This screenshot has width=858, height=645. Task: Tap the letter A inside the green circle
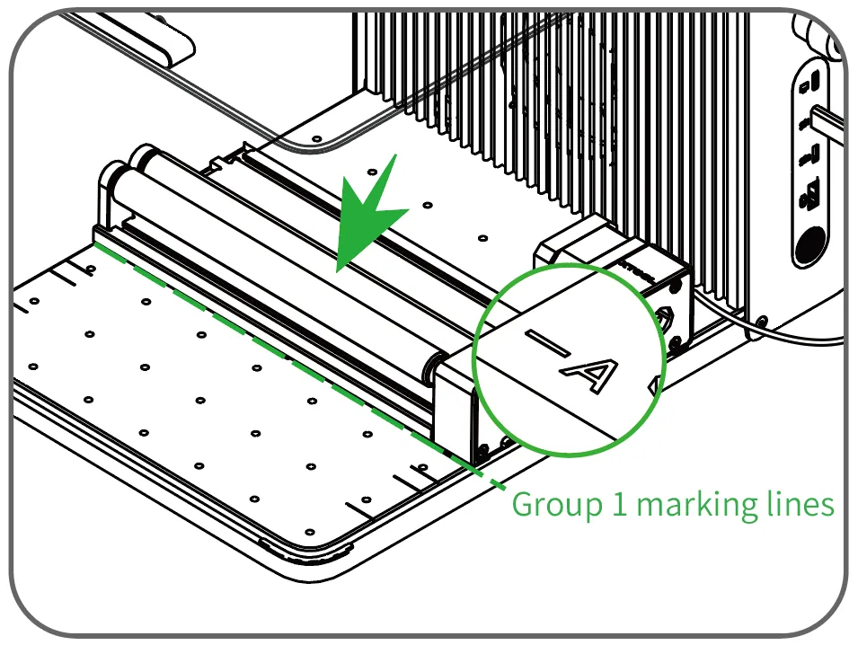tap(589, 375)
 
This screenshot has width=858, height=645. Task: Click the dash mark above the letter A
tap(546, 342)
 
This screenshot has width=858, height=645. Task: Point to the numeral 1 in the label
tap(619, 504)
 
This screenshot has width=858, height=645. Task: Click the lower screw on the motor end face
tap(676, 343)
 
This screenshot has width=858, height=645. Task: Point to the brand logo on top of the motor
tap(638, 270)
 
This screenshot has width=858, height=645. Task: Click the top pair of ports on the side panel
tap(810, 84)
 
